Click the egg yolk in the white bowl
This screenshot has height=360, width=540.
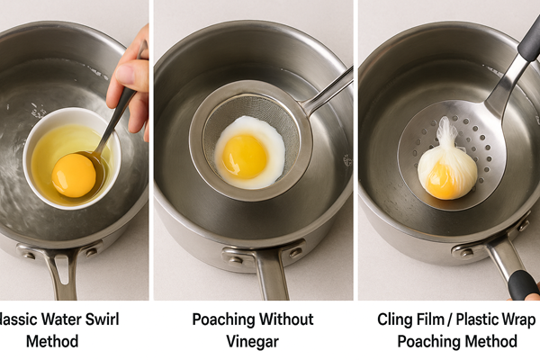pos(74,175)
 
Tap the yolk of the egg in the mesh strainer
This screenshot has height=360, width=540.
pos(245,156)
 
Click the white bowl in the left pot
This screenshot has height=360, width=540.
pos(72,157)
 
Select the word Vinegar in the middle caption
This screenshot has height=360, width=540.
pos(253,341)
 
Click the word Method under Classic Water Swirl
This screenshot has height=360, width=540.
pos(52,341)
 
